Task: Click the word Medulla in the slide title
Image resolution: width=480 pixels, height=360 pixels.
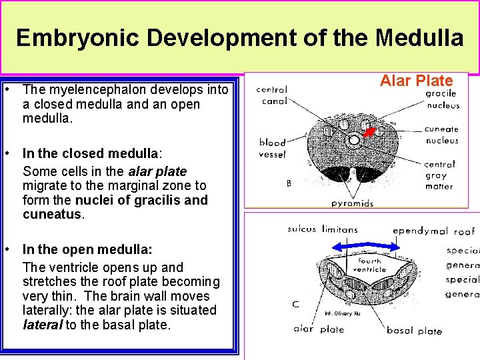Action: (x=419, y=38)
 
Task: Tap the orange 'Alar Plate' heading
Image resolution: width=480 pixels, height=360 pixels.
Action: (x=416, y=81)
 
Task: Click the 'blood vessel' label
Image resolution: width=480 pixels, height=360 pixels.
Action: (x=272, y=148)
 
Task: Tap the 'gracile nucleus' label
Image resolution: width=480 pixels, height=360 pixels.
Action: (x=442, y=99)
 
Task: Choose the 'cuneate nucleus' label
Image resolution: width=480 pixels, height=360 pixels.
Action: (x=441, y=135)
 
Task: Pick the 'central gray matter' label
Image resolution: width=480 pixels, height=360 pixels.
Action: (x=439, y=175)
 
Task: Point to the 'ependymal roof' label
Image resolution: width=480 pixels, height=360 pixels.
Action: (x=433, y=231)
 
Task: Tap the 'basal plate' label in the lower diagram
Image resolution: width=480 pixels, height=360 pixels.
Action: (x=414, y=331)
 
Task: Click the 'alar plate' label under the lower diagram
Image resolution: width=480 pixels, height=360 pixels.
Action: (x=319, y=329)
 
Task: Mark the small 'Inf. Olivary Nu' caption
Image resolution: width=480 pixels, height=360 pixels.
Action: (x=343, y=313)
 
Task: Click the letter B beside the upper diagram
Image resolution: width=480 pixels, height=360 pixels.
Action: (x=289, y=183)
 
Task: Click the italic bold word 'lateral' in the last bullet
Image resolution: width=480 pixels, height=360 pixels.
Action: (x=42, y=325)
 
